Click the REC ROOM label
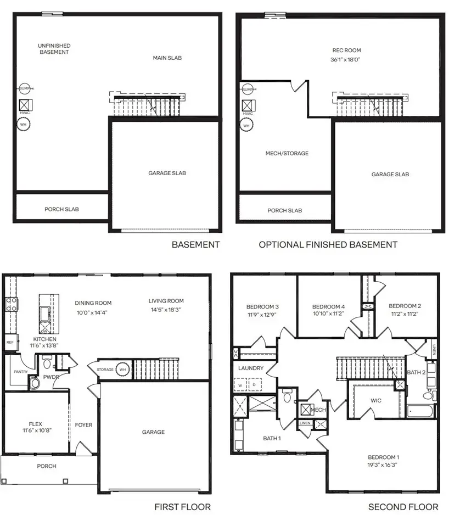click(x=346, y=51)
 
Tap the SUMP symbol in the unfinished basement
click(x=24, y=88)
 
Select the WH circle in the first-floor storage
click(x=123, y=370)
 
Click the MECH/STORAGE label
click(x=287, y=154)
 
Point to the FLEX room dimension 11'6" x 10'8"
click(x=35, y=432)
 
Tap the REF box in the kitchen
click(x=10, y=342)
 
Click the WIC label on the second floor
click(x=376, y=400)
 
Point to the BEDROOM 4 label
click(x=328, y=306)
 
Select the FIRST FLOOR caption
click(x=182, y=507)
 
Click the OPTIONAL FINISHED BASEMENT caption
click(x=328, y=245)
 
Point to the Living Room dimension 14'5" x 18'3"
click(x=166, y=310)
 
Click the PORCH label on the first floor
click(x=47, y=466)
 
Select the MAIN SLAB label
click(x=167, y=58)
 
